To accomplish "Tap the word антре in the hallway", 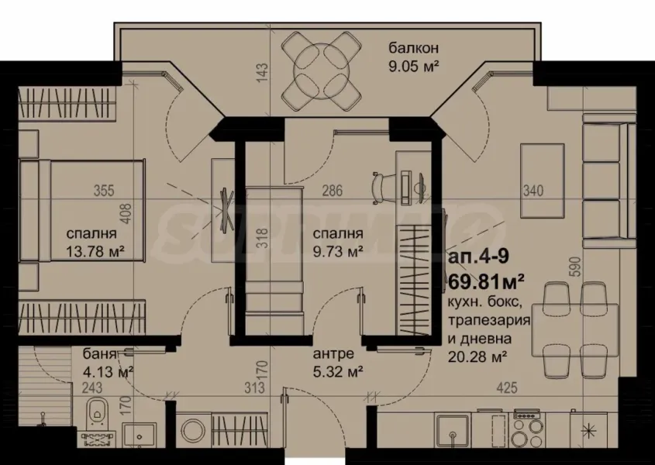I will (x=333, y=354).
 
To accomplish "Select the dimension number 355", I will (x=102, y=191).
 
